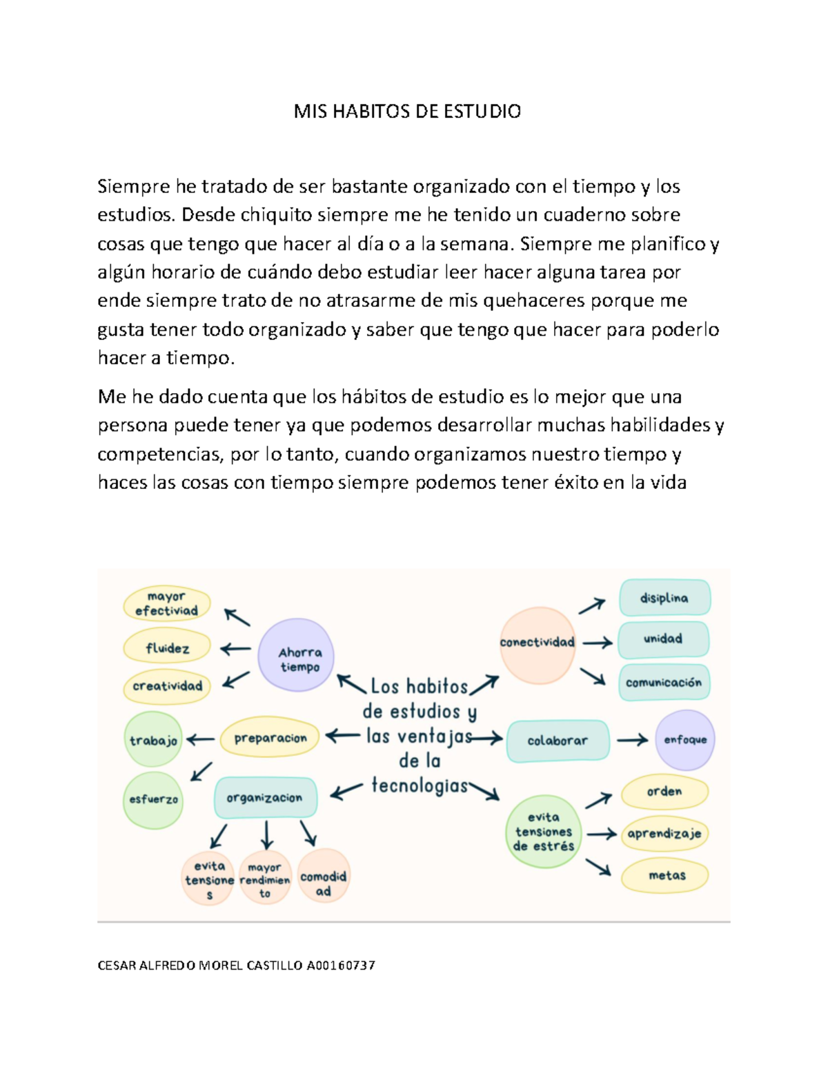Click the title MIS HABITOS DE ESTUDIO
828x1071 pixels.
click(x=407, y=111)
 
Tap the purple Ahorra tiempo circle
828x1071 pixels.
click(x=296, y=655)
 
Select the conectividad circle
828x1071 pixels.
click(x=537, y=644)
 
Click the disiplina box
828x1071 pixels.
click(x=664, y=598)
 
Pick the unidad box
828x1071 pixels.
click(x=663, y=639)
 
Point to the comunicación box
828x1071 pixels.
click(x=664, y=683)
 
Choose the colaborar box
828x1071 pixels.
click(x=558, y=741)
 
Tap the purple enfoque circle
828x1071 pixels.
click(x=685, y=740)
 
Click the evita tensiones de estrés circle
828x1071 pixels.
click(x=544, y=832)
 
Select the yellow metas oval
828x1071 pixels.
click(x=666, y=876)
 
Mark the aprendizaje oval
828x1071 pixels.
click(x=664, y=834)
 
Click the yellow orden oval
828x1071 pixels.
click(x=664, y=792)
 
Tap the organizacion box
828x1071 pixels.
click(x=265, y=798)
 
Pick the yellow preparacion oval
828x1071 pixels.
click(x=270, y=738)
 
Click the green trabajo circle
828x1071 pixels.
click(x=153, y=740)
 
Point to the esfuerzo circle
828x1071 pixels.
click(x=153, y=800)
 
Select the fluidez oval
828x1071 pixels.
click(x=167, y=648)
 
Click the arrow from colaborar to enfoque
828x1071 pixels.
click(x=632, y=741)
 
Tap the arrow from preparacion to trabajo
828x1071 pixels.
click(x=200, y=740)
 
